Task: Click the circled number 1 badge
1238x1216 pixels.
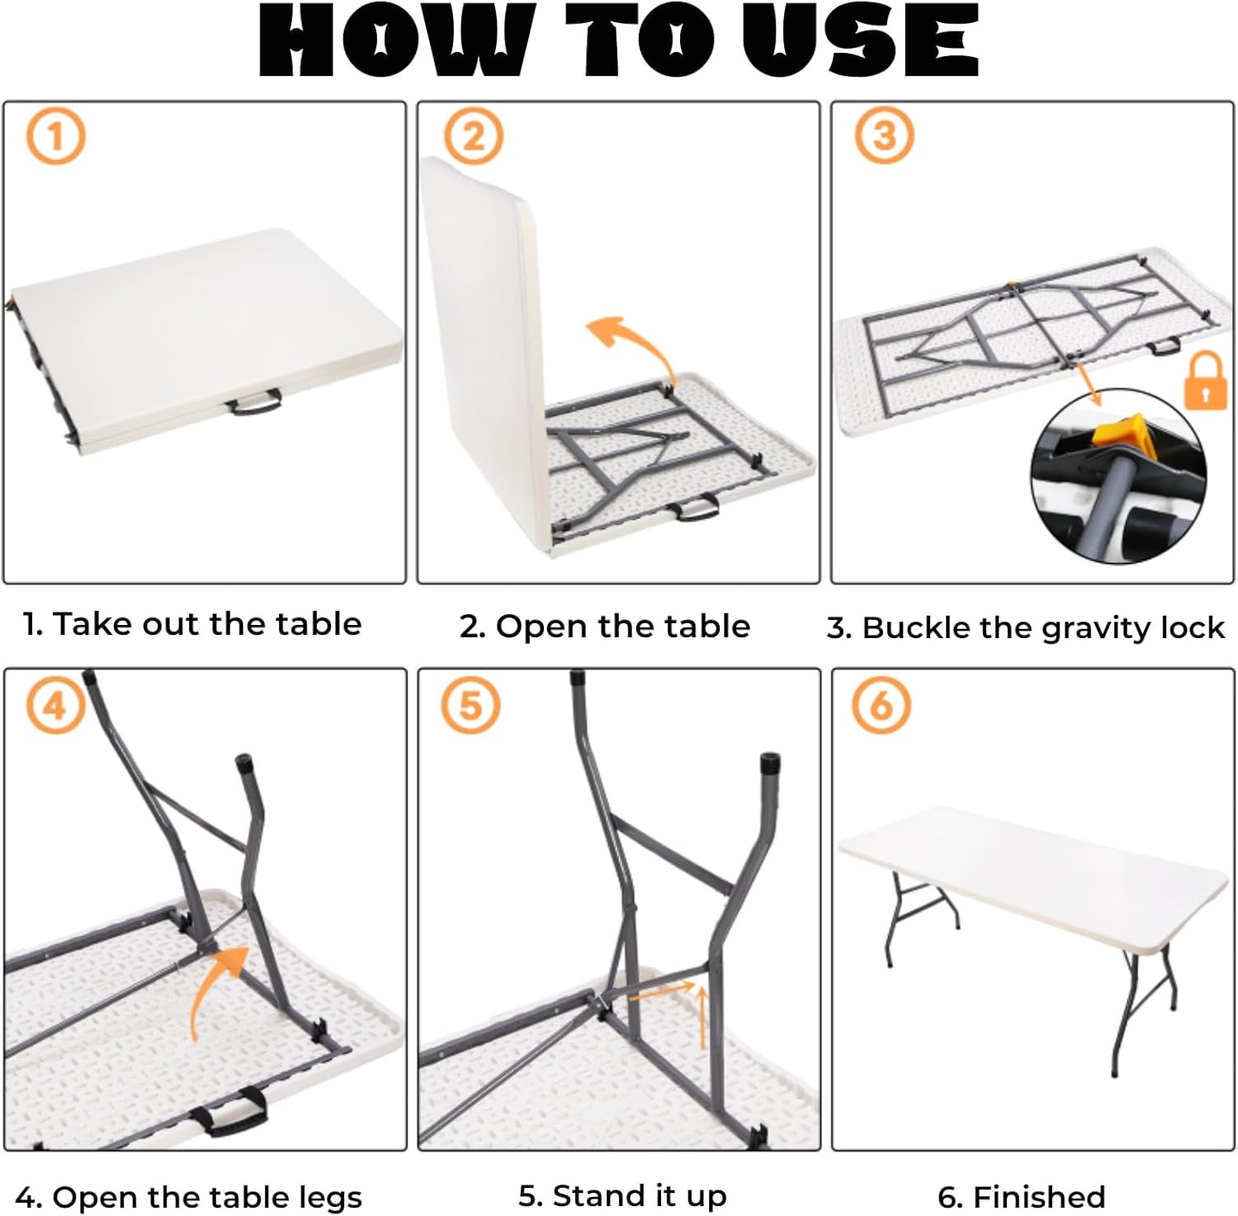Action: click(55, 136)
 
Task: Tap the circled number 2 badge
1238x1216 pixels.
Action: click(473, 136)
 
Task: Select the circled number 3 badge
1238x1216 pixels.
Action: click(884, 135)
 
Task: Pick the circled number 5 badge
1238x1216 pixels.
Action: click(470, 706)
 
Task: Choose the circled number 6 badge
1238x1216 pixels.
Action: click(882, 706)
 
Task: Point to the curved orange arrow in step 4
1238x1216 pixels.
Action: click(210, 987)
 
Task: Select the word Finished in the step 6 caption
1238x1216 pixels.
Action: click(1039, 1196)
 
